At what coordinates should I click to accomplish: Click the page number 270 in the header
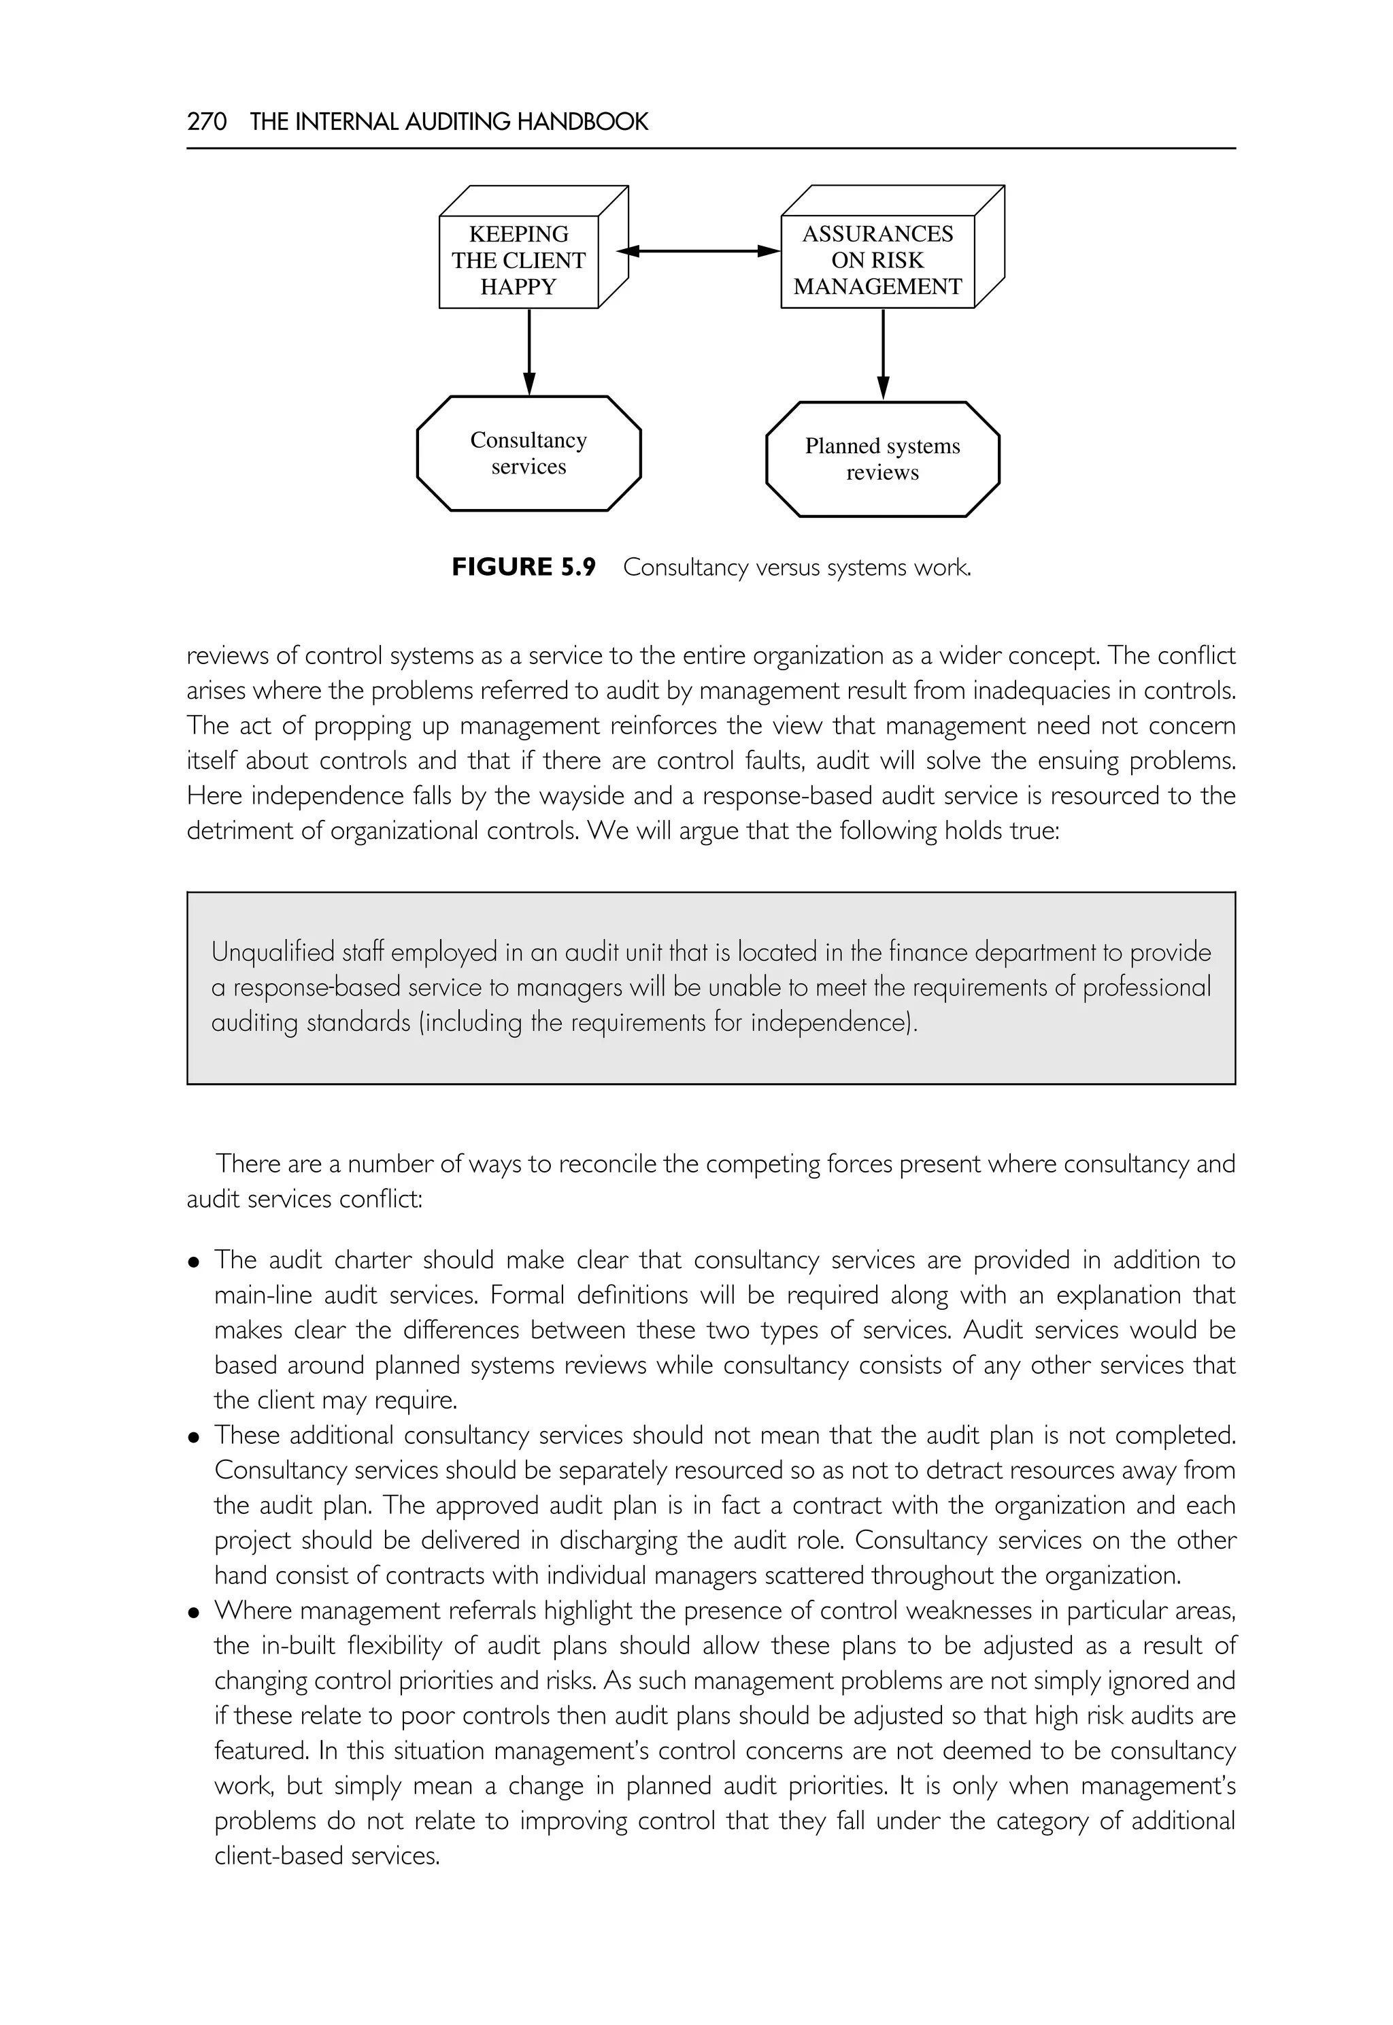point(207,121)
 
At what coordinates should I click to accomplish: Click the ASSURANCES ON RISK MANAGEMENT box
point(877,260)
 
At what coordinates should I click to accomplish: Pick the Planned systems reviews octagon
point(882,459)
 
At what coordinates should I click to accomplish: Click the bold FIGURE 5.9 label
point(523,567)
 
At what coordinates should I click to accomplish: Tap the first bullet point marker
point(194,1262)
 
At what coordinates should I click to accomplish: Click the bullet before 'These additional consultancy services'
point(194,1436)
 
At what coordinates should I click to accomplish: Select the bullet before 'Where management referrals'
point(194,1612)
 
